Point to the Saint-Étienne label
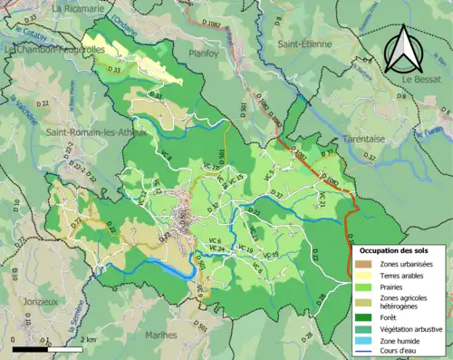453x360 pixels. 307,42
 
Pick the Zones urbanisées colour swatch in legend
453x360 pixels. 363,264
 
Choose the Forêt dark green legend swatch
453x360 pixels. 363,317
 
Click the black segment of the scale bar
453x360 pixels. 26,347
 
